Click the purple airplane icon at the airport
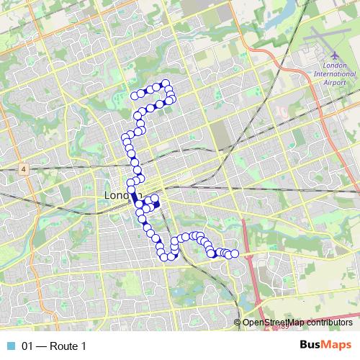point(335,55)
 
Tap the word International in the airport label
point(335,73)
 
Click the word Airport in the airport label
point(335,82)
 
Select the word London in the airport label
point(335,65)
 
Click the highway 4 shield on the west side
point(23,169)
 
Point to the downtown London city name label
point(116,196)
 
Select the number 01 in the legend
point(27,346)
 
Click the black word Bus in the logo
point(311,346)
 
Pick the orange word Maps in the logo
point(338,346)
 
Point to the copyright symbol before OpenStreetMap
point(238,322)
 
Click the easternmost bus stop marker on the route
point(234,254)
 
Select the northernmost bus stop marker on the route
point(165,83)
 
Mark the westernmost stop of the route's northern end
point(133,95)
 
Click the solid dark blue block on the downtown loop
point(156,204)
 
